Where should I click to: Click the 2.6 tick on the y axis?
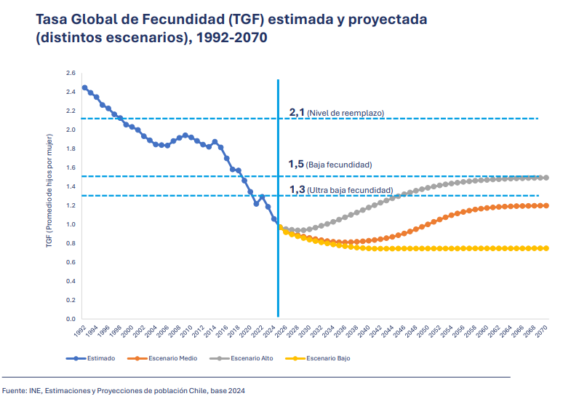click(71, 73)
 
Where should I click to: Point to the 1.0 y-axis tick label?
click(71, 224)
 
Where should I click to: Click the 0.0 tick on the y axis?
click(71, 319)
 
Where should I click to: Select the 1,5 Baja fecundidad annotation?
click(330, 165)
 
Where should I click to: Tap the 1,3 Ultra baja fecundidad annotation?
click(340, 189)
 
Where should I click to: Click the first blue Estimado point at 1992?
click(84, 88)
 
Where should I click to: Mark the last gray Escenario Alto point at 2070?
click(546, 178)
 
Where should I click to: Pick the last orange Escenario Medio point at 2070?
click(546, 205)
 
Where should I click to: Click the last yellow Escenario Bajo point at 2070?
click(546, 248)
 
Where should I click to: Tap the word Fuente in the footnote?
click(15, 391)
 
